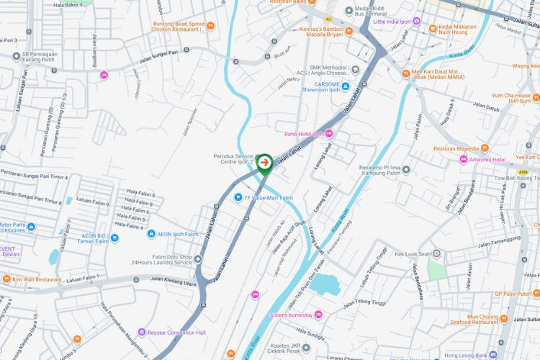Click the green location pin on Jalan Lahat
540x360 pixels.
click(x=264, y=163)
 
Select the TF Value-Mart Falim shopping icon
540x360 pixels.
click(x=238, y=197)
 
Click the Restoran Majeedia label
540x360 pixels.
click(x=456, y=149)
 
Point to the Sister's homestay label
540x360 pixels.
click(x=292, y=314)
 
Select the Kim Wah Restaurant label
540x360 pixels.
click(x=36, y=279)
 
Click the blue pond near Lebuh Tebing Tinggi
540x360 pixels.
click(x=325, y=284)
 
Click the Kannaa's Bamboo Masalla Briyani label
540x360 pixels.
click(x=320, y=32)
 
